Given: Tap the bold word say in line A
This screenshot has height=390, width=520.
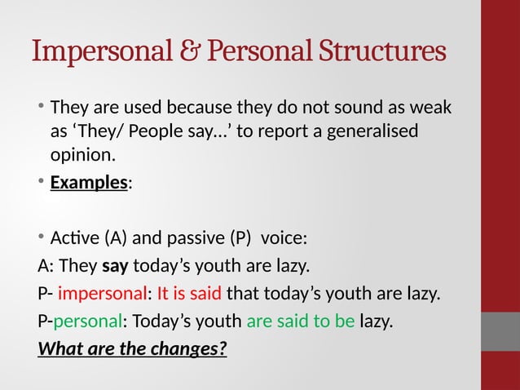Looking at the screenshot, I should point(114,266).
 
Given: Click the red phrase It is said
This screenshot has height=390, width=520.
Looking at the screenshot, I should point(188,294).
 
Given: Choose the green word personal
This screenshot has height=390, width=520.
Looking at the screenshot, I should point(87,321).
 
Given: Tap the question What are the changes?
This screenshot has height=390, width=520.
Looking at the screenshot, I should point(132,348).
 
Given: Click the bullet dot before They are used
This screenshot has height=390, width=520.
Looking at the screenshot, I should point(41,107).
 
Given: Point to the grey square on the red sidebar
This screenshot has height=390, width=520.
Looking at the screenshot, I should point(500,330).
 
